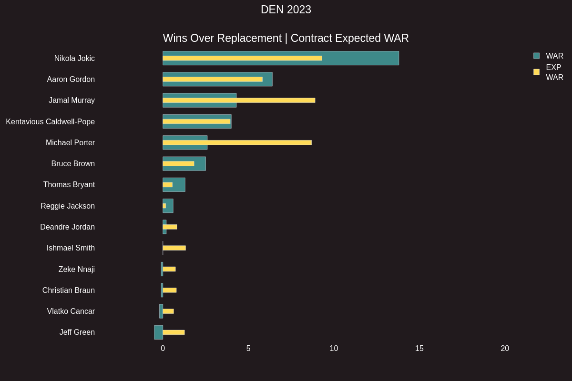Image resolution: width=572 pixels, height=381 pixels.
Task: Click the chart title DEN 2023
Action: (x=286, y=10)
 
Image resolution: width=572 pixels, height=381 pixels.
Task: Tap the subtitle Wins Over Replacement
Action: (x=222, y=38)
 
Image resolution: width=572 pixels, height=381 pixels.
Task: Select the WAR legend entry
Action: (x=548, y=56)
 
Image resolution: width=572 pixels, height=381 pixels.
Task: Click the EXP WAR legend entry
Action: (x=548, y=72)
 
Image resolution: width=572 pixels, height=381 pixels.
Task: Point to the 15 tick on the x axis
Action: (x=419, y=349)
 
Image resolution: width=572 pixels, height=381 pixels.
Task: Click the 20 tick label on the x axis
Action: (x=505, y=349)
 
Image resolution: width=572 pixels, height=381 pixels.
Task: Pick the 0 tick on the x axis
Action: (x=163, y=349)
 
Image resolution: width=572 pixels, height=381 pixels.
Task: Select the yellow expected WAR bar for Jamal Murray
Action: (x=238, y=100)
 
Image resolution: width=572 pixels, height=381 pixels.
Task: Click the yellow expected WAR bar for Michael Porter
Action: (x=237, y=142)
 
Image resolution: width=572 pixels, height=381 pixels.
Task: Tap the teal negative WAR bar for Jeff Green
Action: (x=158, y=332)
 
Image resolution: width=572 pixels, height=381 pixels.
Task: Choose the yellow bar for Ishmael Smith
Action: (x=174, y=248)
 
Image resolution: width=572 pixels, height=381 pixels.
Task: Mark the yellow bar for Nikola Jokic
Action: (x=242, y=58)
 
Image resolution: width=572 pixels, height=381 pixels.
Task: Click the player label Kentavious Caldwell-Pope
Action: (x=50, y=122)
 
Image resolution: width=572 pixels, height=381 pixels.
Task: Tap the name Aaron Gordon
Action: (x=71, y=80)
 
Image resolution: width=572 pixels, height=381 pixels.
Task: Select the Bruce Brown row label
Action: (x=73, y=164)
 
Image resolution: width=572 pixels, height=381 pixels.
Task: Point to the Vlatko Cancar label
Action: (x=71, y=311)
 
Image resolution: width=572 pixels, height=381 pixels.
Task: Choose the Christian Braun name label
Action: (x=68, y=291)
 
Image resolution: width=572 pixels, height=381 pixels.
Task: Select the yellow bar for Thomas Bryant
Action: (x=167, y=185)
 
